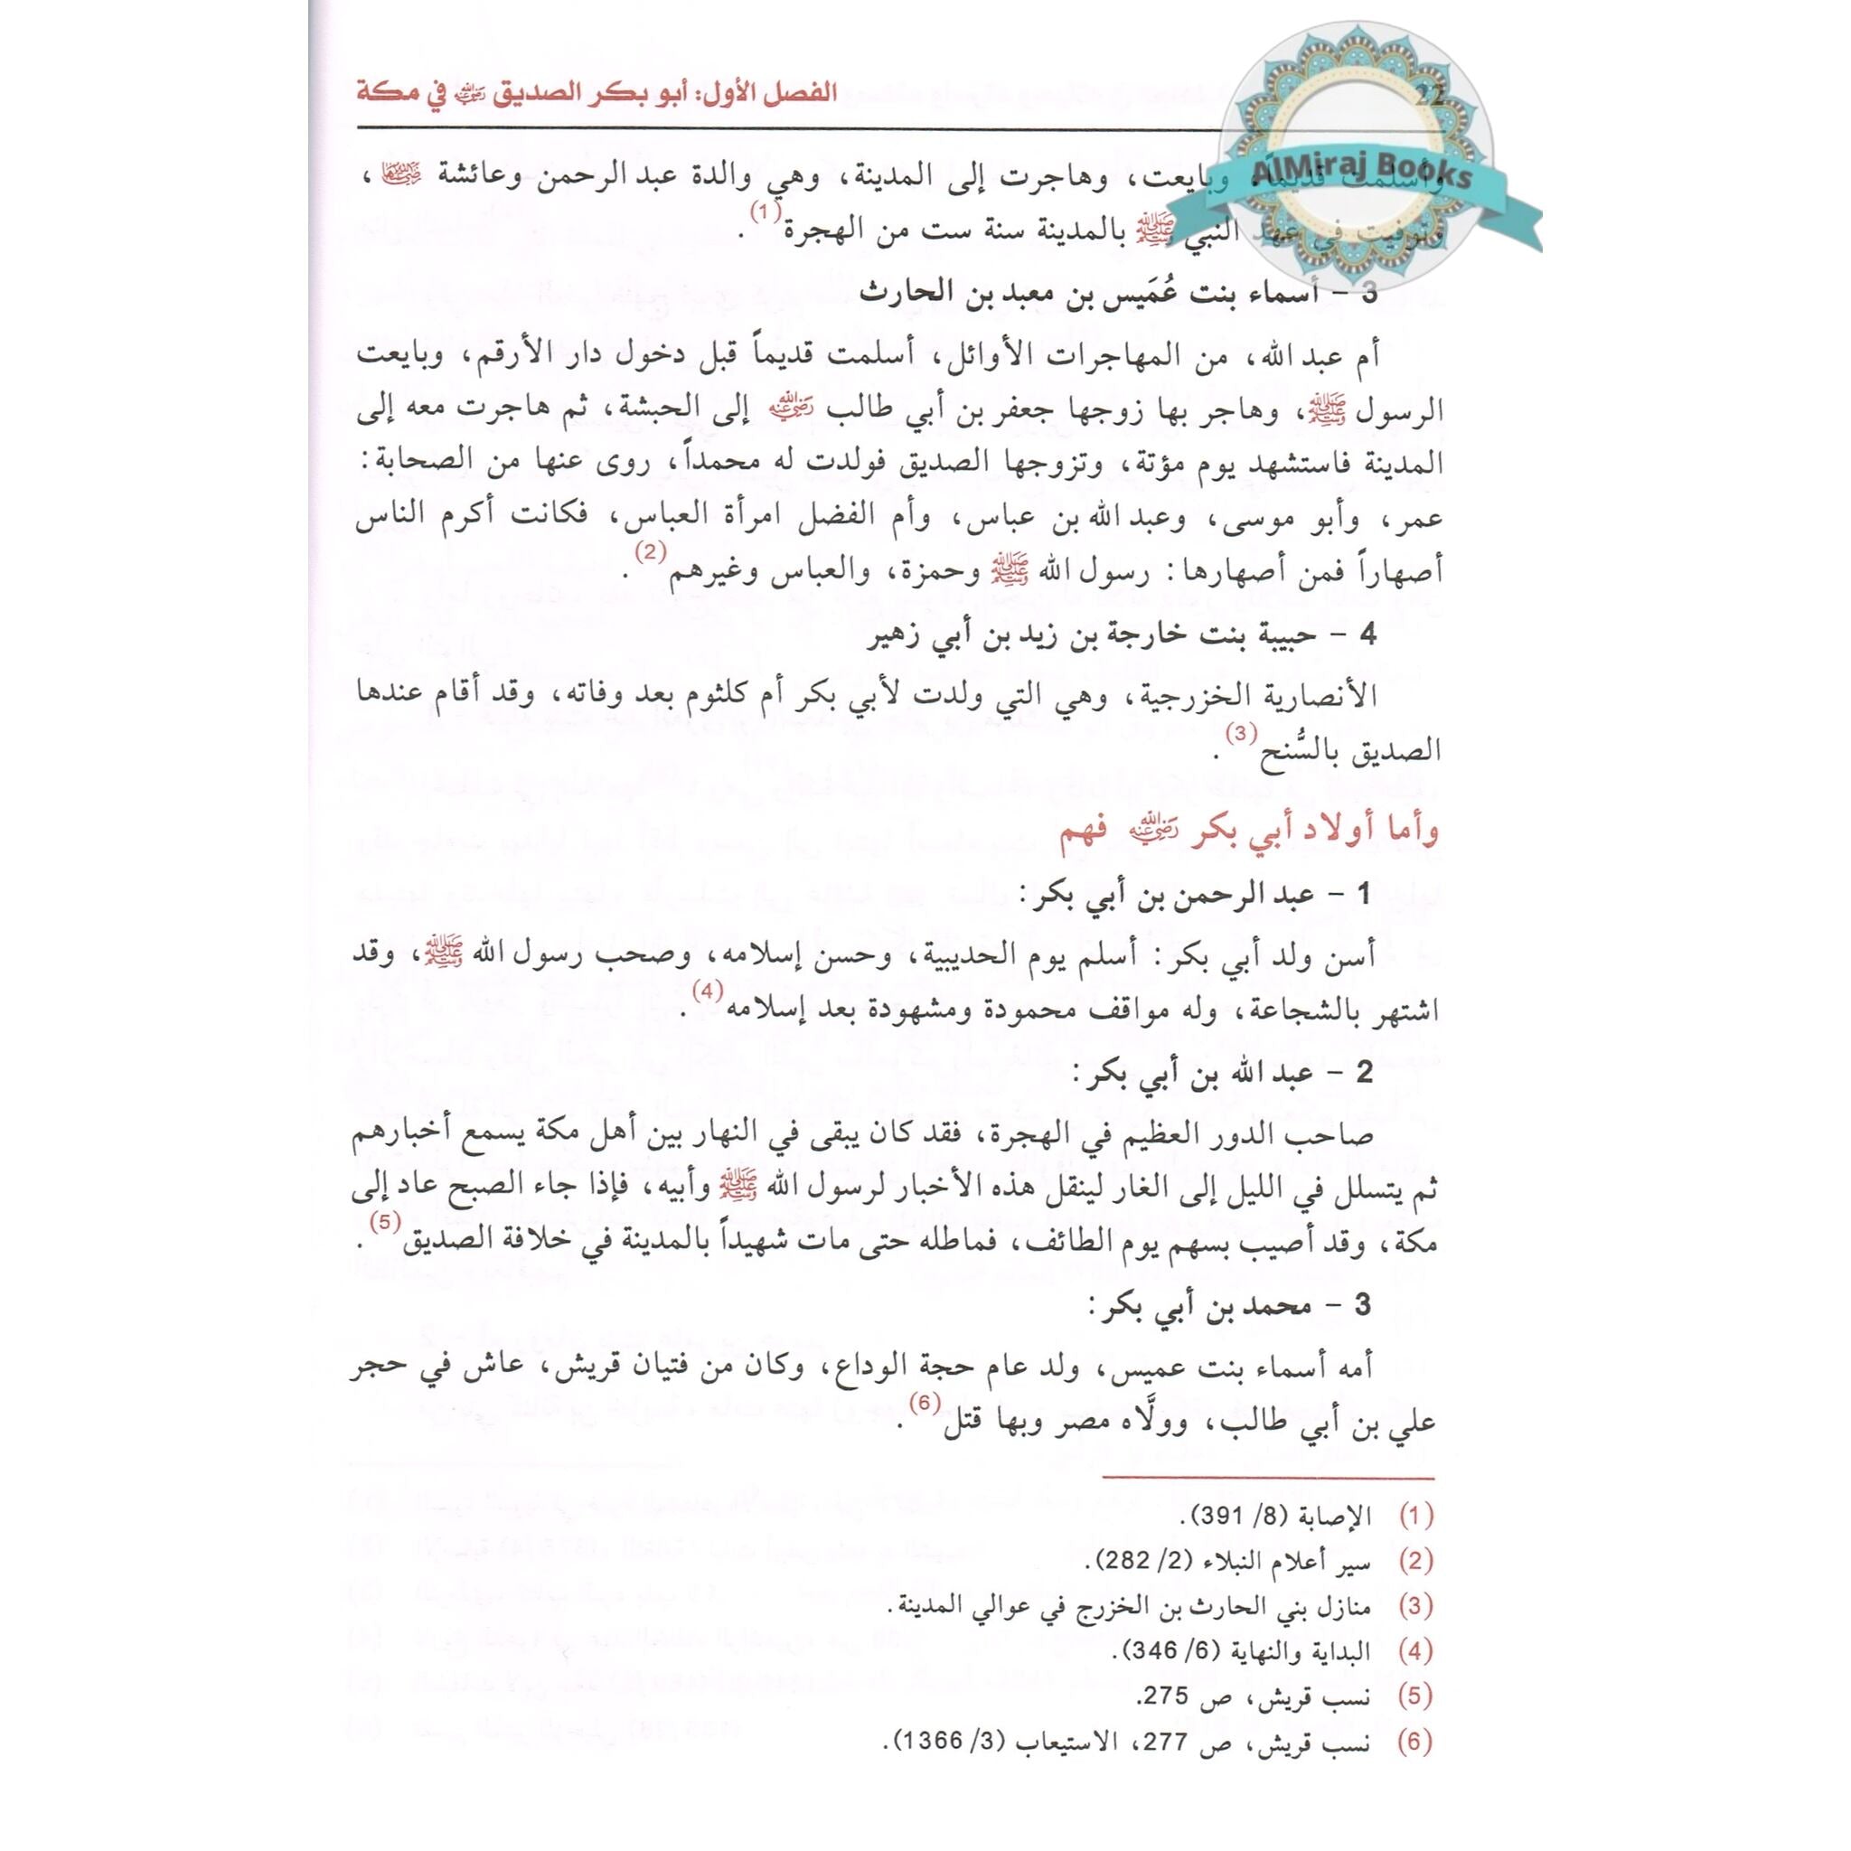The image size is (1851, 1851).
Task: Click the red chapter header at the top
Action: (x=597, y=94)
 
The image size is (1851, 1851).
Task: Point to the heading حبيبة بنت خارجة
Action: (x=1121, y=634)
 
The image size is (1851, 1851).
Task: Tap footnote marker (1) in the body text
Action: (x=765, y=212)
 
